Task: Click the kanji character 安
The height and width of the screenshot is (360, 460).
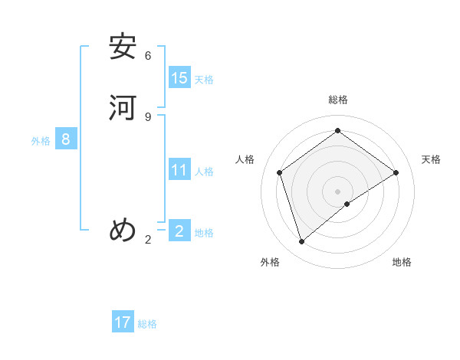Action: [123, 47]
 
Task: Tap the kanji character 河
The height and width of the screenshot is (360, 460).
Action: [123, 108]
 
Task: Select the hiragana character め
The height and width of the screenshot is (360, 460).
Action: [123, 231]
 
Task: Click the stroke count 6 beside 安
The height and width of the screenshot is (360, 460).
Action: [148, 56]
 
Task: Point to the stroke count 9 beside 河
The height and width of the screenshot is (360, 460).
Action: [148, 116]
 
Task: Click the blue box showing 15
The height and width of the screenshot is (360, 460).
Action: [179, 77]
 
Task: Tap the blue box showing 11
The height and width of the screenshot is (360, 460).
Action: [179, 169]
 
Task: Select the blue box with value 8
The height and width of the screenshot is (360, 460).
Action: [66, 139]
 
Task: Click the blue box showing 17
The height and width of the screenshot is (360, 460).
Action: [123, 322]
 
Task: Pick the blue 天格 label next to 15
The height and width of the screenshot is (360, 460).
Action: [204, 80]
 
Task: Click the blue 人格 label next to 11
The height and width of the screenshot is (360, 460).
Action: [204, 172]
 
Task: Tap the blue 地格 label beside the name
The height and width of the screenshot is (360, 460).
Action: [204, 233]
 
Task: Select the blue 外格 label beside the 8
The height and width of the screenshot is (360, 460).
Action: [41, 141]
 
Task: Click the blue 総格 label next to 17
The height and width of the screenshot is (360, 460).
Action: [147, 325]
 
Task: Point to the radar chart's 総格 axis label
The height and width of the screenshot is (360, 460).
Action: [338, 100]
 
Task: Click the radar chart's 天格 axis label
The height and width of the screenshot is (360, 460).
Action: [431, 159]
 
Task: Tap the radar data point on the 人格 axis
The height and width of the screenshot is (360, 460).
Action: [280, 172]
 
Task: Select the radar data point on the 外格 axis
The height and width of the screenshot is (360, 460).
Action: [302, 242]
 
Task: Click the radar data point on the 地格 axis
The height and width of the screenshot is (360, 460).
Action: [347, 204]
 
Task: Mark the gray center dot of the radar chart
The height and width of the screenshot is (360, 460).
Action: [338, 191]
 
